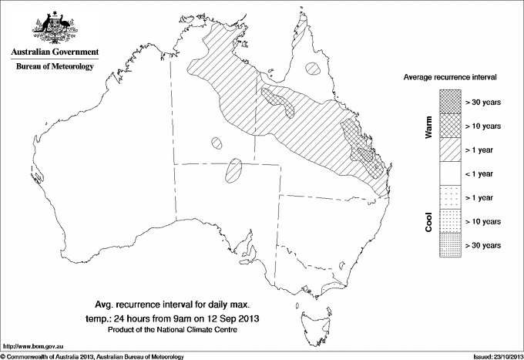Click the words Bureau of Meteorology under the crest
point(55,67)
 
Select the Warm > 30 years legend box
point(450,100)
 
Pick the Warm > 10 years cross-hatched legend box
point(450,125)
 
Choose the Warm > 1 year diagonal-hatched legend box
point(450,149)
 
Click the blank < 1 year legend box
point(450,173)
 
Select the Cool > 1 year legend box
point(450,197)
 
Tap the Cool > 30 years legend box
point(450,245)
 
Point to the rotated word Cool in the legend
point(429,221)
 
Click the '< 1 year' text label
point(483,174)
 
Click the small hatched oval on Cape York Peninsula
point(313,69)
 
